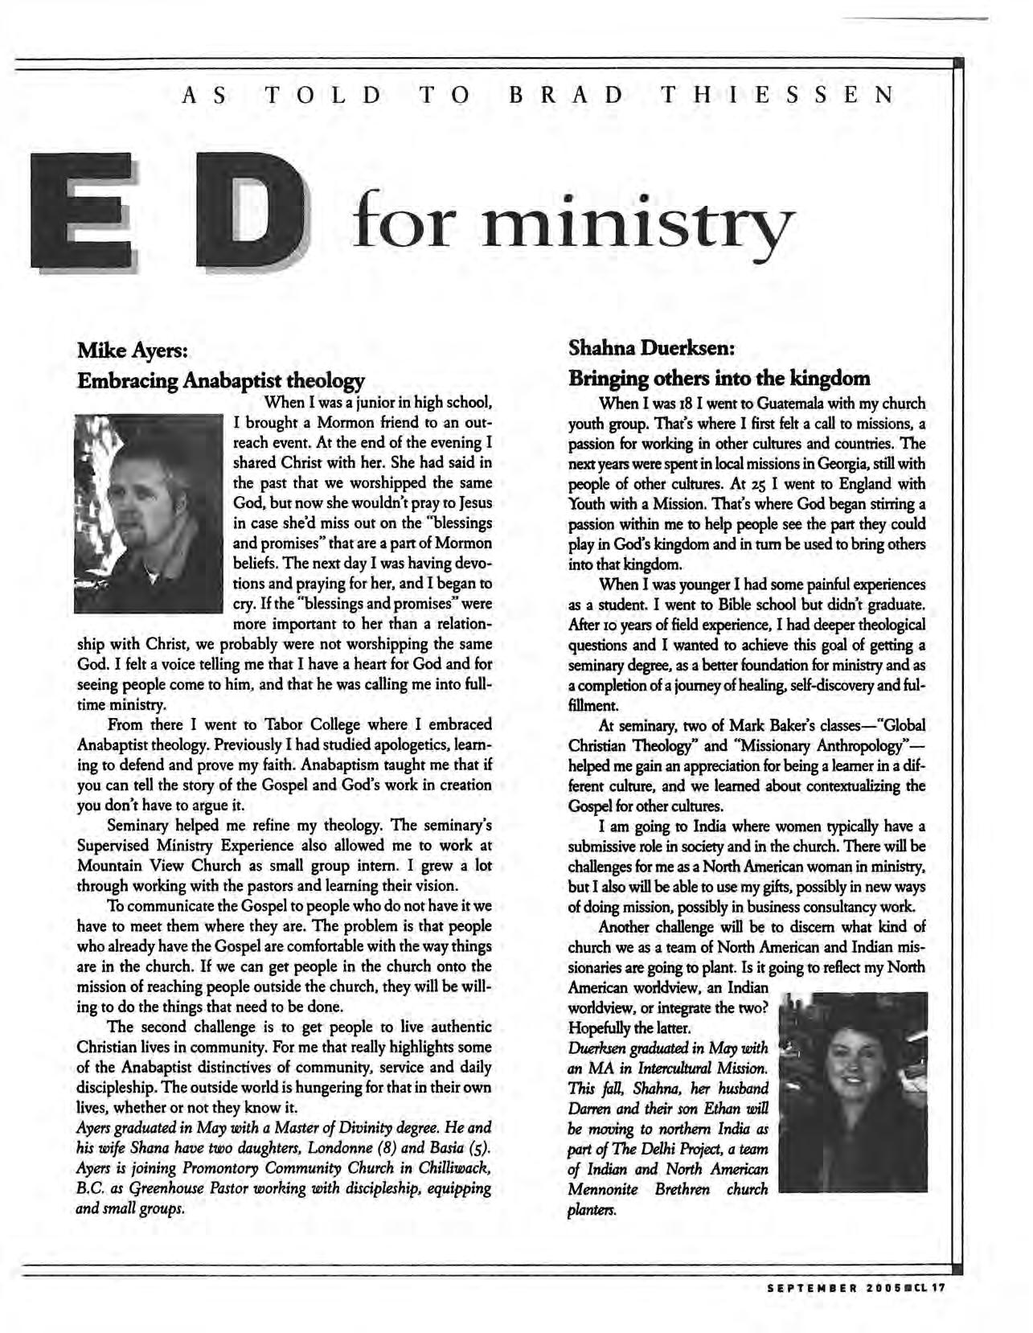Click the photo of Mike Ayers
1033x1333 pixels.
pos(147,513)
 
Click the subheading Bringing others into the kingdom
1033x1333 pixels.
pos(719,377)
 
